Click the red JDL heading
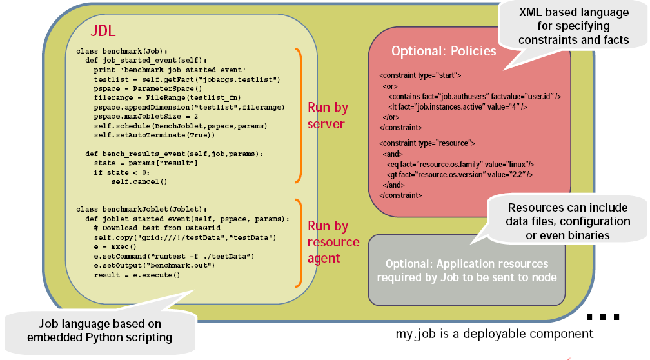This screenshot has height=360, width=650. (x=103, y=31)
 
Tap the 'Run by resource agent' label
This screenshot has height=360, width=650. (x=333, y=242)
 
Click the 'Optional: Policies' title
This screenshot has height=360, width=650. (x=444, y=51)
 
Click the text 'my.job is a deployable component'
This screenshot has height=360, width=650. (x=495, y=334)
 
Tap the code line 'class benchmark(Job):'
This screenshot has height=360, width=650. (x=122, y=51)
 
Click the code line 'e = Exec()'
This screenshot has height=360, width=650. (x=115, y=247)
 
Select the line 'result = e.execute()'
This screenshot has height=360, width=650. (x=137, y=275)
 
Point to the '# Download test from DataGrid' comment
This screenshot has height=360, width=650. (x=157, y=228)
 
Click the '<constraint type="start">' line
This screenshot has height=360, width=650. (x=420, y=75)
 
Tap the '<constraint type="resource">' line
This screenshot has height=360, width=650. (x=427, y=143)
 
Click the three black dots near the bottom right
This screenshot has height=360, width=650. (x=603, y=317)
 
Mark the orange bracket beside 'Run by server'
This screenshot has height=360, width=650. (x=299, y=115)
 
